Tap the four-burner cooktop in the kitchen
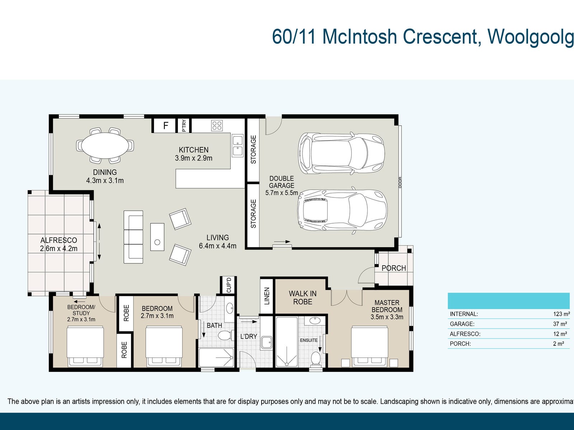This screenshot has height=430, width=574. click(217, 125)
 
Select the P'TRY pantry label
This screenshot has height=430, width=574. click(184, 125)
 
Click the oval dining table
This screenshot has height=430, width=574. click(105, 145)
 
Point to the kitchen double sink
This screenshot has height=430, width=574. click(237, 146)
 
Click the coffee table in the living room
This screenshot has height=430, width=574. click(157, 237)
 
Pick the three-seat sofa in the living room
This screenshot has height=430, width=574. click(133, 237)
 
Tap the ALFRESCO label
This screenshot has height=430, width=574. click(58, 240)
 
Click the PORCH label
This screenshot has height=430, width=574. click(394, 268)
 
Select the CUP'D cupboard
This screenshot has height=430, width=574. click(229, 285)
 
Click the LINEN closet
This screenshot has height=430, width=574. click(267, 296)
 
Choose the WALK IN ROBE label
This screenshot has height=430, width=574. click(302, 298)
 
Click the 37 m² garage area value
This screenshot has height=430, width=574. click(560, 324)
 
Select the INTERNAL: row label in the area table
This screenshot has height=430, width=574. click(464, 314)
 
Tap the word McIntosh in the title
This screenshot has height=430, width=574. click(360, 37)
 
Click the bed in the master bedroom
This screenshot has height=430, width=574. click(369, 346)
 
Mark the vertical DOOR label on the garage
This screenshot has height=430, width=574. click(400, 182)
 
